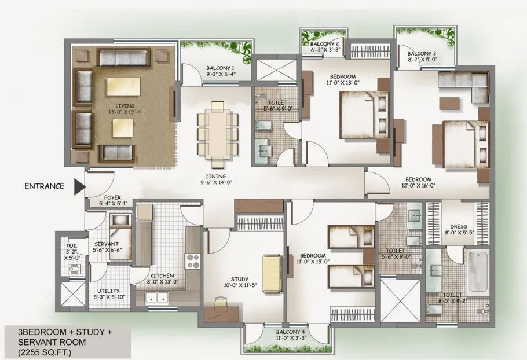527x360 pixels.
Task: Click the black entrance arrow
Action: click(79, 186)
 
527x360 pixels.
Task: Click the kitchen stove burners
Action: click(193, 262)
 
